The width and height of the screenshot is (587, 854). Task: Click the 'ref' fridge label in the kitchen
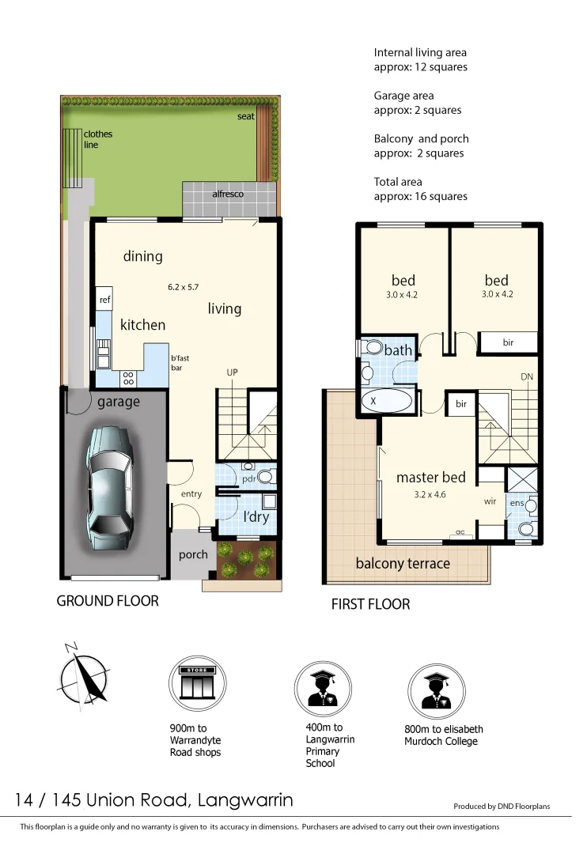104,300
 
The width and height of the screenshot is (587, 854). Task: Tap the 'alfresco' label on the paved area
227,194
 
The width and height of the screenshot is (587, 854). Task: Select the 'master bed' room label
430,478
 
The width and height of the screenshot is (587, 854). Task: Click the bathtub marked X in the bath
387,401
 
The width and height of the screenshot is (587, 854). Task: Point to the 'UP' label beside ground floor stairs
233,372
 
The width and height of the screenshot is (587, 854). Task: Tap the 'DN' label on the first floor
527,377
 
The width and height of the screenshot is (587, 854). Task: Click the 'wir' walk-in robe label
490,501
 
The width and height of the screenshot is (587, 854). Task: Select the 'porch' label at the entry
193,554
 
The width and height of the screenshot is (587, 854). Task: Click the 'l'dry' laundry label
256,516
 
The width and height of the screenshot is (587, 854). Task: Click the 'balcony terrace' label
403,564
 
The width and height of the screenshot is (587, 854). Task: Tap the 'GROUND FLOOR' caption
108,601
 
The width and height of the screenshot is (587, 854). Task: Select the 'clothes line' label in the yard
98,139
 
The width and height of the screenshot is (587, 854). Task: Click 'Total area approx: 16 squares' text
420,189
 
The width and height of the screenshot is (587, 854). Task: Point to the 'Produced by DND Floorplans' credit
501,807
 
